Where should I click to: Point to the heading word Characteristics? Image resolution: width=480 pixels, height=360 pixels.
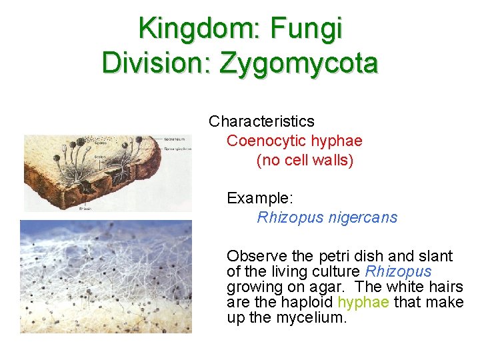point(261,121)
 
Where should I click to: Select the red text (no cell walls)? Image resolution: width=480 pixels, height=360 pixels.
point(305,160)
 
